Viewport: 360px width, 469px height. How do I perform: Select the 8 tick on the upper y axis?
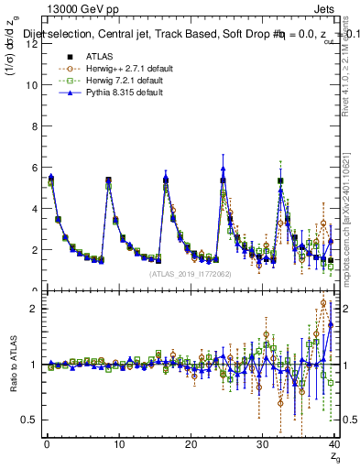click(x=34, y=126)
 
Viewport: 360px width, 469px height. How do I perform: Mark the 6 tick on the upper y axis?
click(x=34, y=168)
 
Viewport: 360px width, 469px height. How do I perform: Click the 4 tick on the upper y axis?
click(x=34, y=209)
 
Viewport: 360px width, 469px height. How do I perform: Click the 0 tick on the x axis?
click(x=46, y=444)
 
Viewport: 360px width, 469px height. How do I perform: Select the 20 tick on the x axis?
click(x=190, y=444)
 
